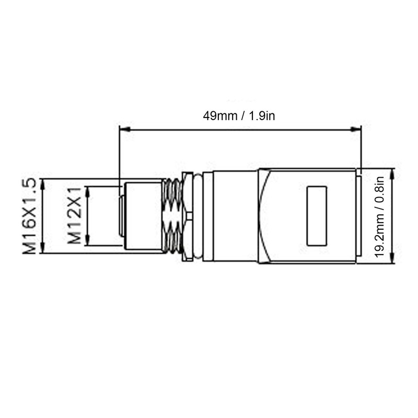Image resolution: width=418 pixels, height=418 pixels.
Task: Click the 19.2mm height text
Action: [x=380, y=233]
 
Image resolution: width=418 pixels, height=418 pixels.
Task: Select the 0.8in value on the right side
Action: [x=380, y=191]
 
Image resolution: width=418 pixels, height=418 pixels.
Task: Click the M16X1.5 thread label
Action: [x=30, y=216]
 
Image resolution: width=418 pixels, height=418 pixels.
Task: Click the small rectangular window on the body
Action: [x=317, y=216]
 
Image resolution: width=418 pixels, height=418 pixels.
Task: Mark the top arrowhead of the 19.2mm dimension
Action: [x=393, y=171]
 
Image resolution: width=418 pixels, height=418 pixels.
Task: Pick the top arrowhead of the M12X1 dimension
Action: [x=87, y=189]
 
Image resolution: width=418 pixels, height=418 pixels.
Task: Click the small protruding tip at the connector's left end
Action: [x=121, y=216]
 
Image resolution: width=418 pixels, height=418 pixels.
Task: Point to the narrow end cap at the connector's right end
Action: [x=359, y=216]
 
